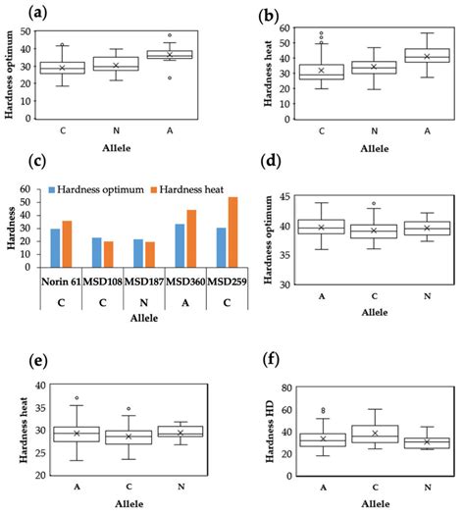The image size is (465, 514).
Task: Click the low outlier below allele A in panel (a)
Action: click(x=177, y=77)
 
